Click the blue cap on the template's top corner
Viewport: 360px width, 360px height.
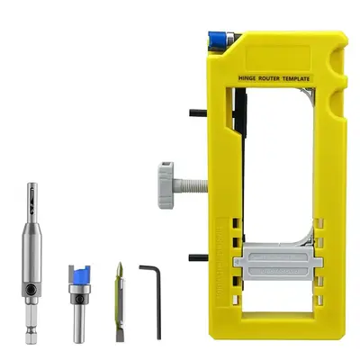pos(217,37)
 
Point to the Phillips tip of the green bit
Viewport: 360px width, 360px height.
pos(119,268)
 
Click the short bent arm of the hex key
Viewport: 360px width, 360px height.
pos(148,266)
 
